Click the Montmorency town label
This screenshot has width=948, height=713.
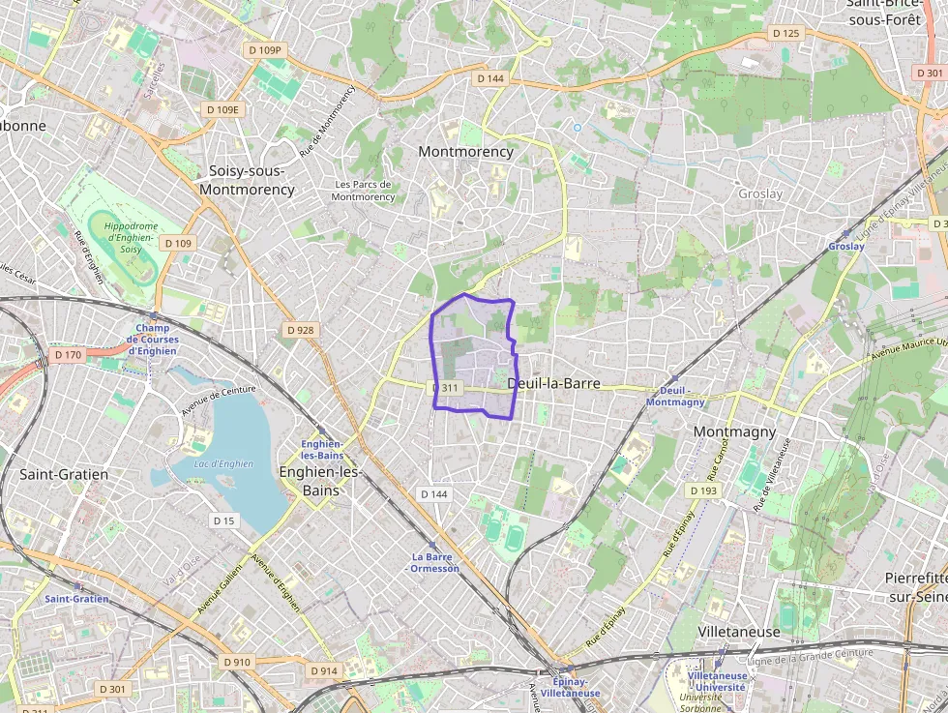coord(465,152)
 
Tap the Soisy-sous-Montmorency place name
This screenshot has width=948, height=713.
coord(247,180)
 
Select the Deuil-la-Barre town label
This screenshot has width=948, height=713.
coord(553,383)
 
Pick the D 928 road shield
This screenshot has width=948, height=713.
coord(301,330)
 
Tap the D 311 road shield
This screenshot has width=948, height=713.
coord(447,388)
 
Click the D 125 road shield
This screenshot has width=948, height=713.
coord(786,33)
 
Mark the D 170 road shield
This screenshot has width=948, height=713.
coord(69,355)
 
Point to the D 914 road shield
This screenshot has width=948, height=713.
coord(324,670)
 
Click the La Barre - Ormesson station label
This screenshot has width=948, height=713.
coord(434,562)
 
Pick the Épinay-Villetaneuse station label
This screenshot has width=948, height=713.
coord(570,687)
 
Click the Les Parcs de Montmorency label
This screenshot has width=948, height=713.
coord(363,191)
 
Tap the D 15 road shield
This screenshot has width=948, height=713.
coord(223,520)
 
